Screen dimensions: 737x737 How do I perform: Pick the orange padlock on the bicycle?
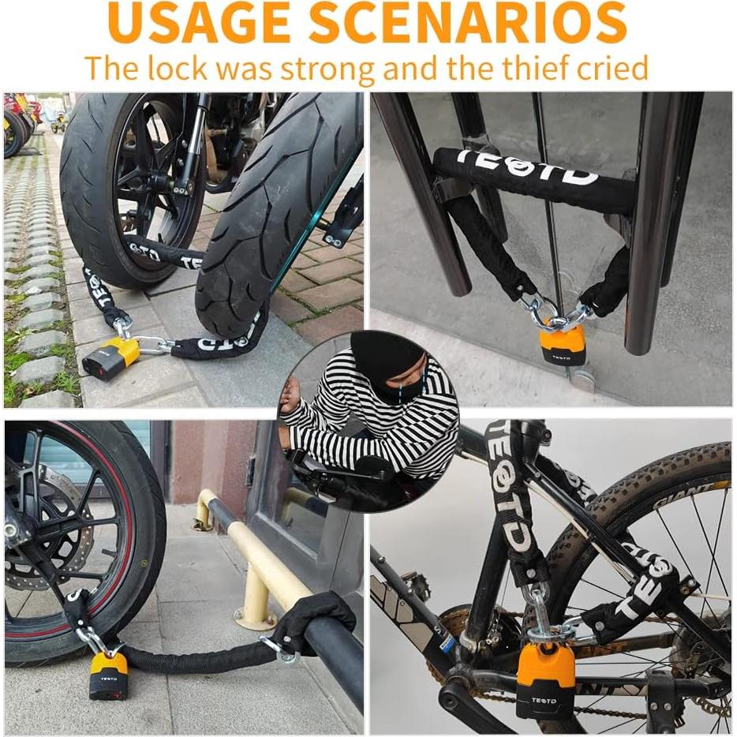coord(546,679)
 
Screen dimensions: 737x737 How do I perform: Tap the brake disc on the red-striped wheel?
coord(47,552)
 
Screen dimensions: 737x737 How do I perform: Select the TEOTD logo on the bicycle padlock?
coord(542,700)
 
